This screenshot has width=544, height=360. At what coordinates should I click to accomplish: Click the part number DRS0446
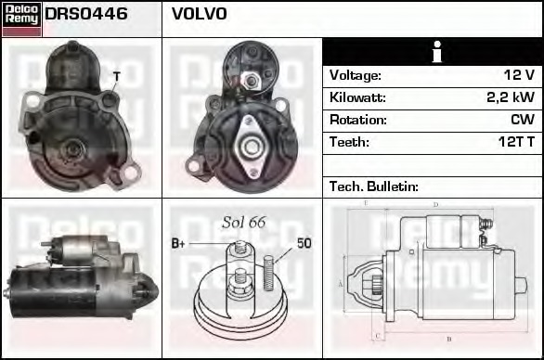86,15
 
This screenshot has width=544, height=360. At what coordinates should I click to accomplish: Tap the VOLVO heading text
199,15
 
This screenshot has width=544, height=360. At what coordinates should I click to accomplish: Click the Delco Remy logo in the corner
21,18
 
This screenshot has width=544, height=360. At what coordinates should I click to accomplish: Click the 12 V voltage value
517,75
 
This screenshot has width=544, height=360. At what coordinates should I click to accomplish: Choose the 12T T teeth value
514,142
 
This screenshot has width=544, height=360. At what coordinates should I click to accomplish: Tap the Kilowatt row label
357,97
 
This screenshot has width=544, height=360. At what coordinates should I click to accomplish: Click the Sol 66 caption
244,223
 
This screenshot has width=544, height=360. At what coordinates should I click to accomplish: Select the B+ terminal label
179,244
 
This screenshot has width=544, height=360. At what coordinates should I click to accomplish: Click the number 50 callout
304,244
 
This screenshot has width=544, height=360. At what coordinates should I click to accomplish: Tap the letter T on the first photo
116,76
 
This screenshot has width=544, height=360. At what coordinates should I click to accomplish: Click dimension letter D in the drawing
435,205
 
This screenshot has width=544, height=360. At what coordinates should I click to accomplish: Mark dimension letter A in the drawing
341,284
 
